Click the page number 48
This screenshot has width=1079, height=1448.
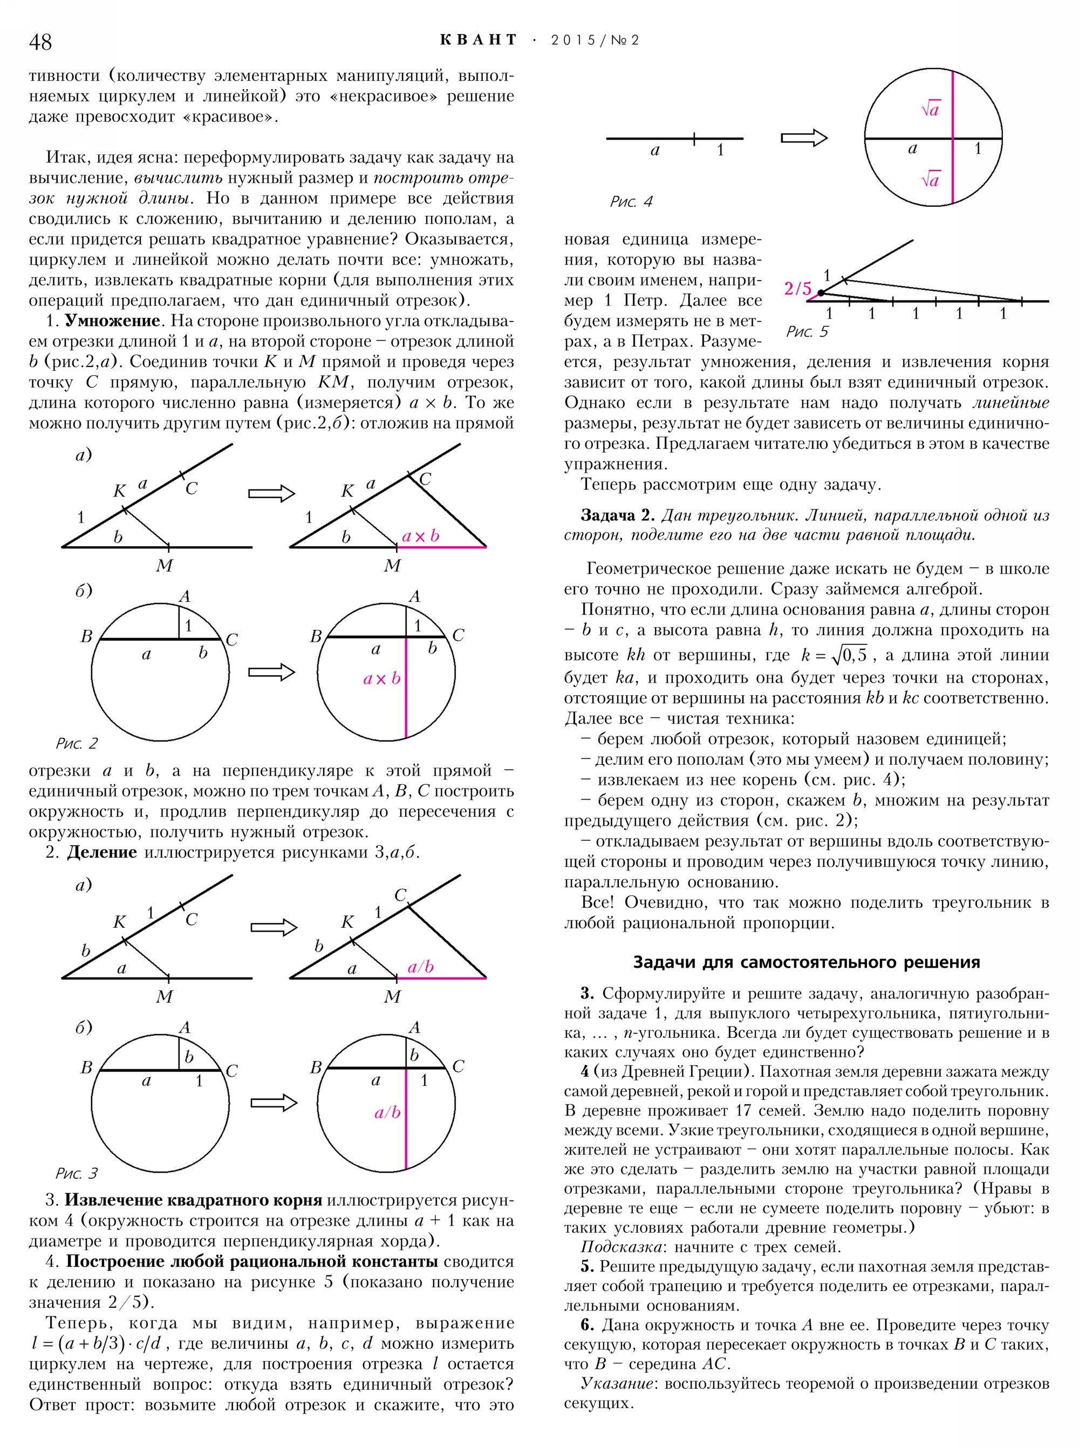point(40,42)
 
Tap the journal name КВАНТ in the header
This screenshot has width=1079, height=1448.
point(479,40)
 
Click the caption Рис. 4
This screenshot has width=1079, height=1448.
point(631,202)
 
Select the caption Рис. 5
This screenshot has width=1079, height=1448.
point(807,332)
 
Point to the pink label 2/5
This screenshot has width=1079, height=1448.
point(797,288)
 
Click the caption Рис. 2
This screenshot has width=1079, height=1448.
point(77,744)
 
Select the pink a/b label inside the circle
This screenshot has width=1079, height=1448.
point(387,1113)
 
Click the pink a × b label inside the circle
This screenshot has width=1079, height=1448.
point(382,679)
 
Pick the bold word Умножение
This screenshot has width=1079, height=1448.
point(112,321)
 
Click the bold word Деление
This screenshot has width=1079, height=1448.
point(102,853)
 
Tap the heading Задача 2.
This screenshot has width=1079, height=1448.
point(617,515)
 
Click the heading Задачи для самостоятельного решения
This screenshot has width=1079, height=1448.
point(807,962)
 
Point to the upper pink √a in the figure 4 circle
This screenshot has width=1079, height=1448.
point(930,110)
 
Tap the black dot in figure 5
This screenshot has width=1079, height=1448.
point(821,292)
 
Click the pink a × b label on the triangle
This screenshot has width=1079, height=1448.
point(421,536)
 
